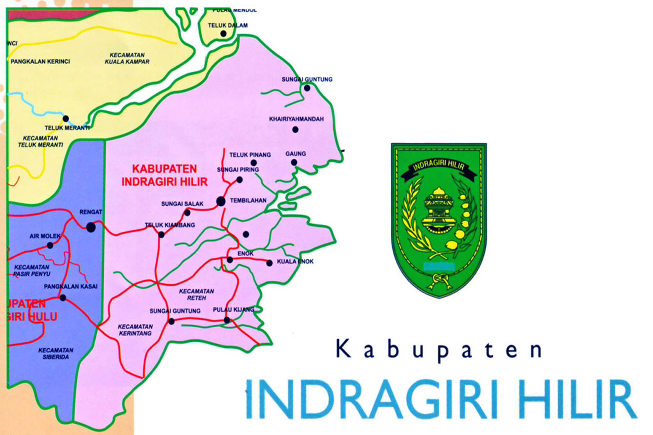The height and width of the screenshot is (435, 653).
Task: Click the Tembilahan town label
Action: tap(248, 200)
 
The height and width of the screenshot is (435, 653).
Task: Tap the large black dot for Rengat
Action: tap(91, 227)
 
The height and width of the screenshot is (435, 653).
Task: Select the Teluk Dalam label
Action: tap(228, 25)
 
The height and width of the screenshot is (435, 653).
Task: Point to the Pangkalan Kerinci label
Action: tap(40, 61)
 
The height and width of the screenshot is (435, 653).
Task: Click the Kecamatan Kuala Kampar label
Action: tap(127, 58)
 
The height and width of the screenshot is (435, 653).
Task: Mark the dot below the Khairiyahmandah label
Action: tap(295, 130)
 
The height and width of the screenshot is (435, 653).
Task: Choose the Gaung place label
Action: tap(296, 154)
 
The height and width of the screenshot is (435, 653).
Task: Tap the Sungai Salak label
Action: tap(182, 204)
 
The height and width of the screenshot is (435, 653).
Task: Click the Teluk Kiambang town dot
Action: tap(161, 235)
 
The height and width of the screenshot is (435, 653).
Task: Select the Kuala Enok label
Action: tap(295, 262)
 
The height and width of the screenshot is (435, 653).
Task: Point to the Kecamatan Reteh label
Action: tap(196, 294)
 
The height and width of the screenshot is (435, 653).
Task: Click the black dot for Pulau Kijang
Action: tap(227, 320)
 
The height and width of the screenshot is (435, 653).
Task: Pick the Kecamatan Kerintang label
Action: tap(135, 330)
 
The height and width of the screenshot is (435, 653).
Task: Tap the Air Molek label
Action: tap(45, 236)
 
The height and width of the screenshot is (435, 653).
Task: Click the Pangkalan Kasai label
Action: tap(71, 287)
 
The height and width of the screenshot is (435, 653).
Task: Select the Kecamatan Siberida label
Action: tap(56, 354)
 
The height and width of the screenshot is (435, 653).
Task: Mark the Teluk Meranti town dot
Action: tap(66, 119)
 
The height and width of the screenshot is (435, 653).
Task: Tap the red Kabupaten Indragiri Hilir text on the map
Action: tap(164, 175)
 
